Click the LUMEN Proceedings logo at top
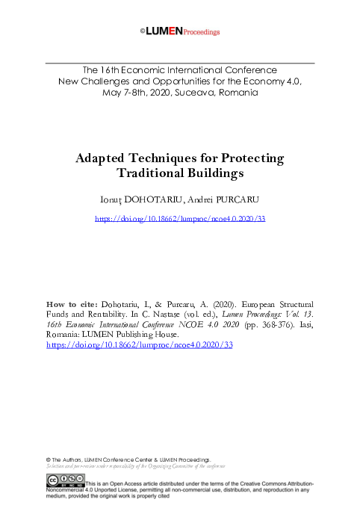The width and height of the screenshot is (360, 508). point(180,32)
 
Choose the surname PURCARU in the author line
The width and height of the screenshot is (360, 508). point(238,200)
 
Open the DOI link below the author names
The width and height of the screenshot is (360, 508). point(180,220)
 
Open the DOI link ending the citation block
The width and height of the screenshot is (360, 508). point(129,346)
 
